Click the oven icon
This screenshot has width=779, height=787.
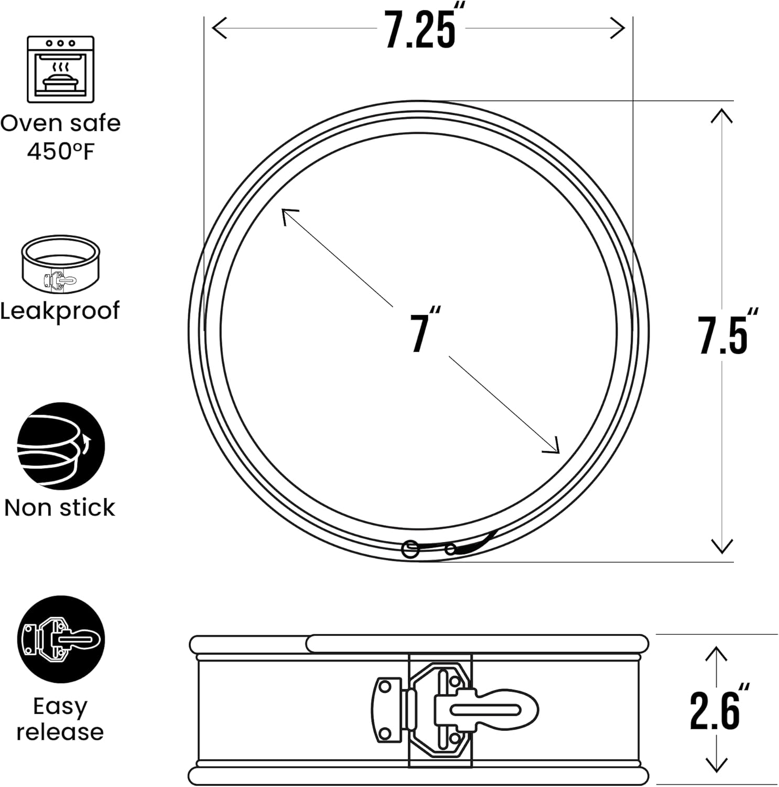click(60, 69)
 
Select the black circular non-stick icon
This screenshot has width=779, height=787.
click(61, 446)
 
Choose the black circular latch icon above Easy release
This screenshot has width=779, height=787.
click(61, 640)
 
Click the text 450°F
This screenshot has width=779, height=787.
click(61, 152)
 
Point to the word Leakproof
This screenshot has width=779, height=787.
click(60, 311)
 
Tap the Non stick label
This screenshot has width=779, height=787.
click(60, 507)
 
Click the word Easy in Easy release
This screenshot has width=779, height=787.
click(60, 706)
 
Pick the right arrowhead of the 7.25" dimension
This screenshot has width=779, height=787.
click(621, 28)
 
